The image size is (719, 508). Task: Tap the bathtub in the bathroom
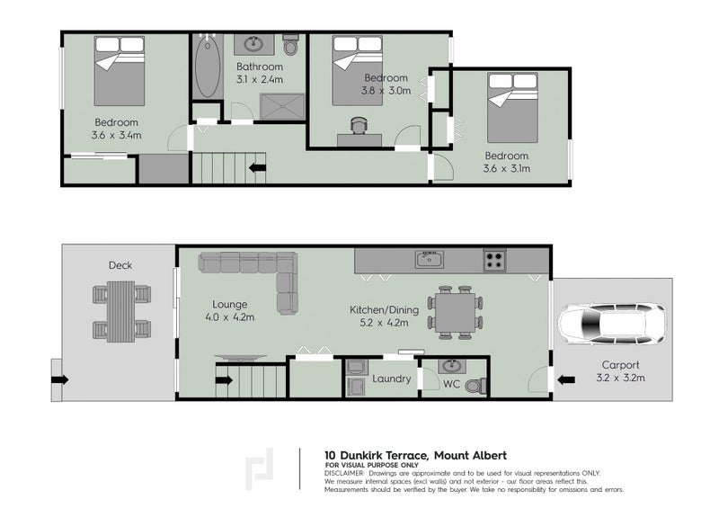tap(205, 67)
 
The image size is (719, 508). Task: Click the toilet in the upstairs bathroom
tap(290, 45)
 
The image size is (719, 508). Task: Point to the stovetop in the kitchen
tap(494, 261)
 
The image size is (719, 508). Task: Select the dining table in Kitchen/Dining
tap(454, 313)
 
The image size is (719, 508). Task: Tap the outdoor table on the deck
tap(120, 310)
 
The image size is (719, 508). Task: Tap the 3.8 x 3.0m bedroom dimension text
tap(387, 90)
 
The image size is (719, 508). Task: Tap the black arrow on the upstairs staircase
tap(257, 166)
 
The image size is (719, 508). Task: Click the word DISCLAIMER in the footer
tap(344, 472)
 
